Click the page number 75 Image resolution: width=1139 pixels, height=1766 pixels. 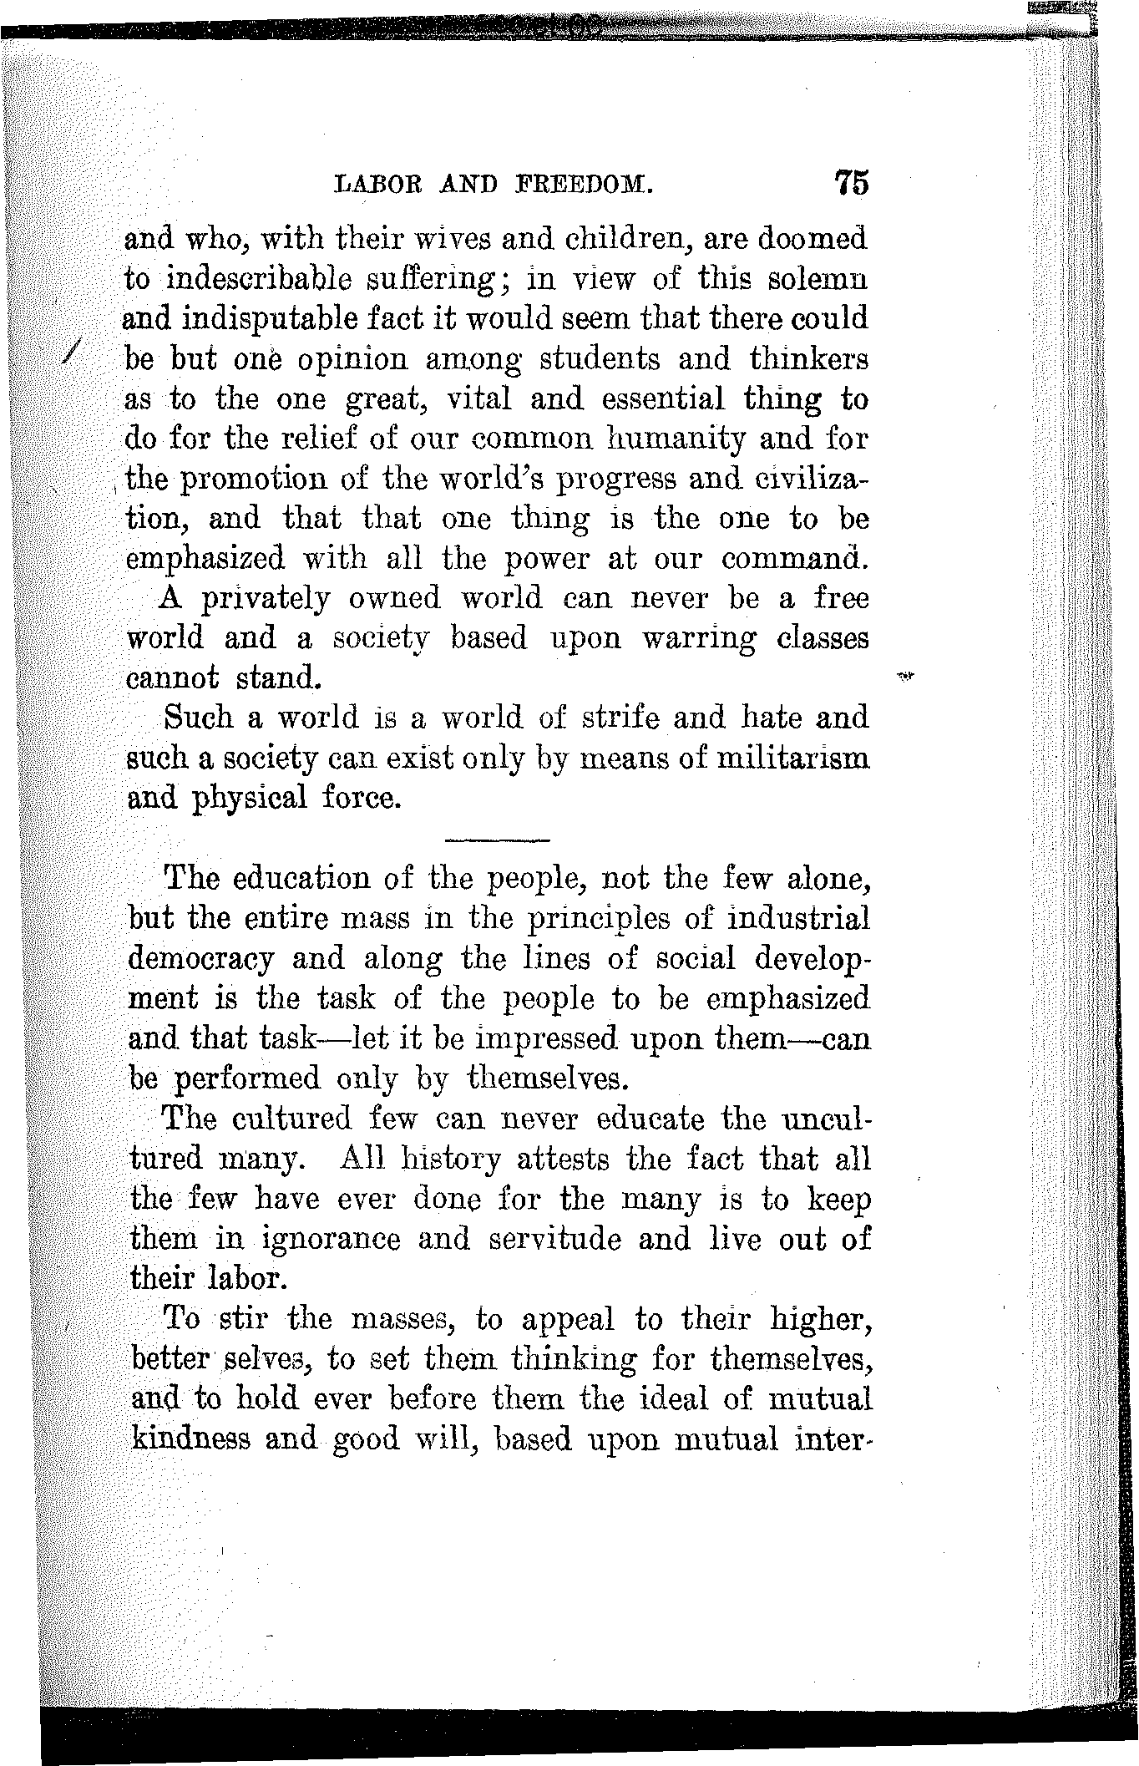tap(850, 183)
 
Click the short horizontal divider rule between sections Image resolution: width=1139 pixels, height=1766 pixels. tap(498, 839)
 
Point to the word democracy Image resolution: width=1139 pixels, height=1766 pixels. tap(201, 960)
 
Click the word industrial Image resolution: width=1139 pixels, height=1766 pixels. tap(797, 919)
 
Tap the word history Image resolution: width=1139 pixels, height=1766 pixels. tap(451, 1160)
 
